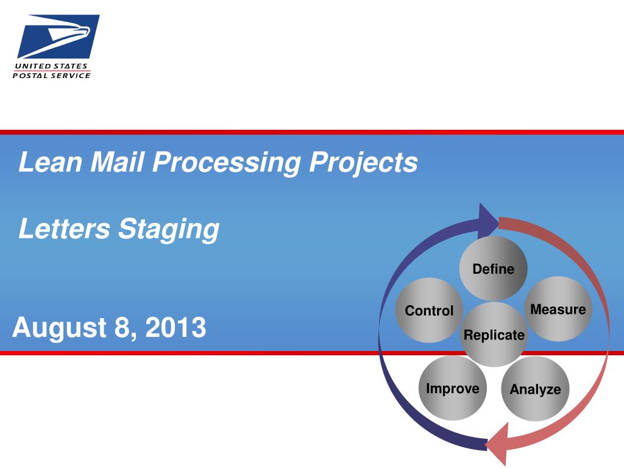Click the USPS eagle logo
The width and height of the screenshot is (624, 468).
(58, 37)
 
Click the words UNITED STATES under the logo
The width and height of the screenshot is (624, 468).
(51, 66)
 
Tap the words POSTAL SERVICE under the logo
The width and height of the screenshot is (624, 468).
(52, 75)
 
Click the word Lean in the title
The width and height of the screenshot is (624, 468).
(51, 161)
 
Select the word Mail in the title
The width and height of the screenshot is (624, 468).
(117, 161)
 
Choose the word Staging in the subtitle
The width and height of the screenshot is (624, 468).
(169, 230)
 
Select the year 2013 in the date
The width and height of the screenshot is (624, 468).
(175, 327)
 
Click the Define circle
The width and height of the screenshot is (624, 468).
(494, 268)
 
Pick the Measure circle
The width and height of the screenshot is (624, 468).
(558, 309)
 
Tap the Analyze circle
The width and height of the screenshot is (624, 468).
(535, 389)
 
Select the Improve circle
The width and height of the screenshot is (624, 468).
(453, 388)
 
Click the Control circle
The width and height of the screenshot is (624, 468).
(429, 310)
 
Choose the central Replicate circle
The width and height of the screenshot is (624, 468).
(494, 335)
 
